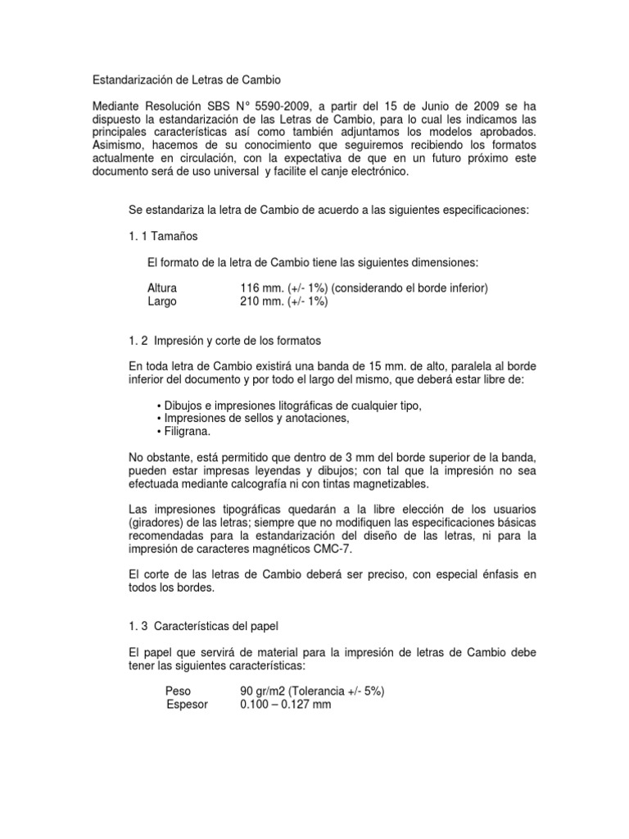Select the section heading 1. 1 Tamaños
point(163,236)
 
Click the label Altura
point(162,288)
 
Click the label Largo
point(161,301)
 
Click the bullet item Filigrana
point(185,431)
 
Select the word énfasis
point(486,575)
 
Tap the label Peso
point(178,692)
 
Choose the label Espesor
point(187,705)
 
